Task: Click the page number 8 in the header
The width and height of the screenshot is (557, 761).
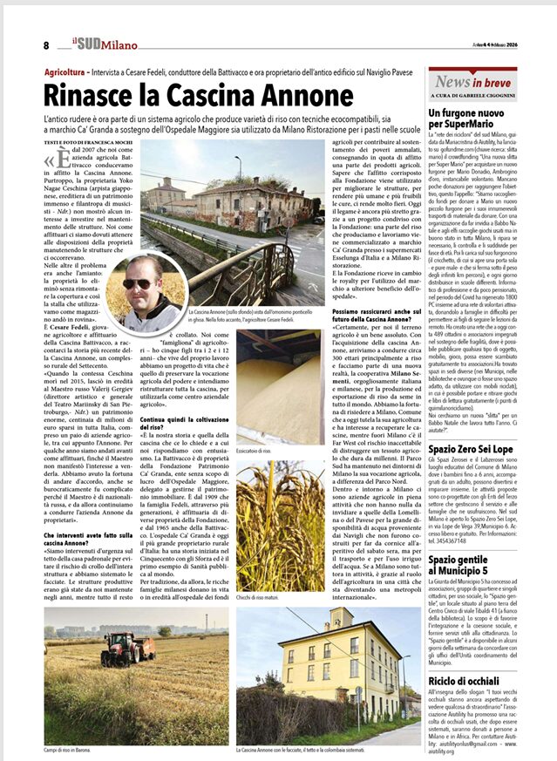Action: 45,45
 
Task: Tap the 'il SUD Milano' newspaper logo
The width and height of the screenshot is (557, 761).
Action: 101,44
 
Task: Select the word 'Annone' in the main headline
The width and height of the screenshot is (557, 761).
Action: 293,94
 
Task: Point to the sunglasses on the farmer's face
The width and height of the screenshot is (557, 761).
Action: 140,283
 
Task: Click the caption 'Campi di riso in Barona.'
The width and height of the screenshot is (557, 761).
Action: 76,750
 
